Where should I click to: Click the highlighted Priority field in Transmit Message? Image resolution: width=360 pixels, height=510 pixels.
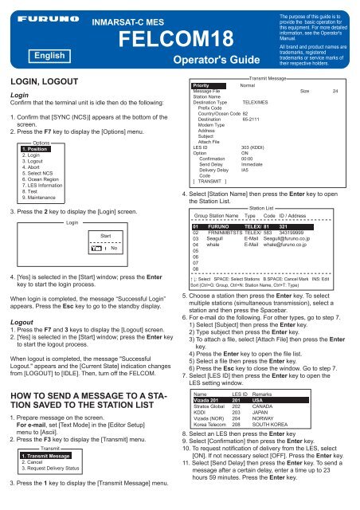pyautogui.click(x=202, y=85)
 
